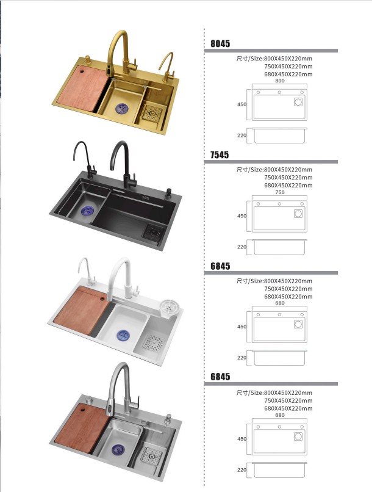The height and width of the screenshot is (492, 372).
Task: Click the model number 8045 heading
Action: coord(220,43)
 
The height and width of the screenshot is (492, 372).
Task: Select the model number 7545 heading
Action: coord(220,154)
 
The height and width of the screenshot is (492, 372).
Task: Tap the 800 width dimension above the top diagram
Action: coord(280,81)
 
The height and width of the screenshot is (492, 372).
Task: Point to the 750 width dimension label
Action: coord(280,192)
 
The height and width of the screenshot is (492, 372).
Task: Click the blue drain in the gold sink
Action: coord(121,109)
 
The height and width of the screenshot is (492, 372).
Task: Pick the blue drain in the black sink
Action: coord(87,211)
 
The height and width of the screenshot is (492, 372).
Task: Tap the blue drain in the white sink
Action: coord(123,335)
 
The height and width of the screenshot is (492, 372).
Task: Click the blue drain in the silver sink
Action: coord(118,449)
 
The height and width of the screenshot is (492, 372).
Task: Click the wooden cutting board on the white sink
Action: coord(81,310)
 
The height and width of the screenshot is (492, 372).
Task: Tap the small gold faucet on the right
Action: coord(166,67)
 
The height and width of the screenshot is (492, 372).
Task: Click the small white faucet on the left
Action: coord(86,271)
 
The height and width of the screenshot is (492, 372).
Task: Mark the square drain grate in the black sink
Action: coord(154,233)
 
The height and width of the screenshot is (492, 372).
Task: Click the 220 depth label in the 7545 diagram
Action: coord(241,247)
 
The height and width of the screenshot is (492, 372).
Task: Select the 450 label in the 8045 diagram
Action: coord(241,104)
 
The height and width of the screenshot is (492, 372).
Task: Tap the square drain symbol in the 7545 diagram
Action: coord(298,214)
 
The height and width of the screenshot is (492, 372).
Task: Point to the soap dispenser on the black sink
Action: coord(168,193)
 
